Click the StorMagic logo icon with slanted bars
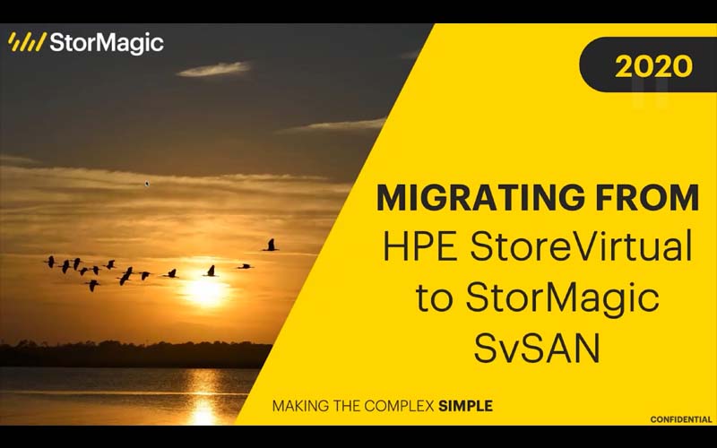[27, 42]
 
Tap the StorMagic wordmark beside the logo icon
[107, 42]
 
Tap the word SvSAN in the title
[537, 349]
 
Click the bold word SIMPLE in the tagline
[465, 406]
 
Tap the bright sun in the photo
[209, 290]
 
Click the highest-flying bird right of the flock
[271, 245]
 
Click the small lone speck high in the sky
[147, 184]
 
